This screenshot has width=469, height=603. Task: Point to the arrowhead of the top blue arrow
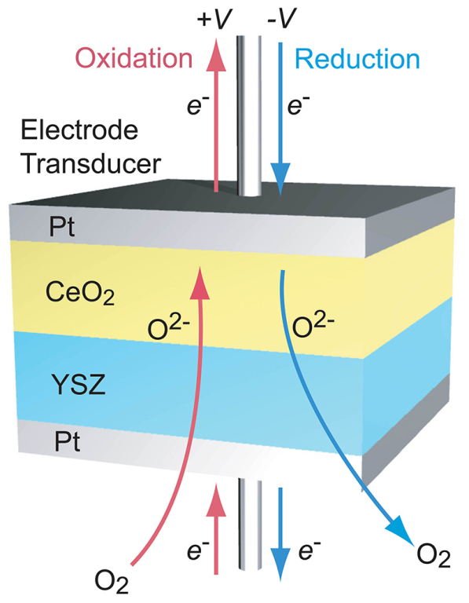tap(281, 178)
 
